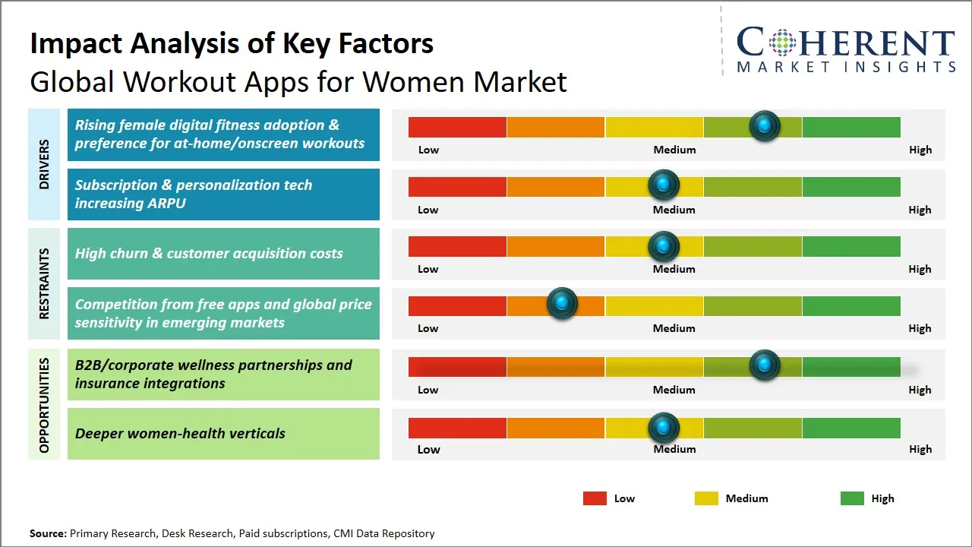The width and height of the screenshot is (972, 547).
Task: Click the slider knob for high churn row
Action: [x=664, y=246]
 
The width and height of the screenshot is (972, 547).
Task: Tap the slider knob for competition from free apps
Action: [x=562, y=304]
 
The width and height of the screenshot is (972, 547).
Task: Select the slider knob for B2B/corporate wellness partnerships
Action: [x=765, y=365]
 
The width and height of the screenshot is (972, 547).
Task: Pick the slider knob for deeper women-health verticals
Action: [x=664, y=428]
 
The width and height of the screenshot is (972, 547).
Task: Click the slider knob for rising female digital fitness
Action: [x=765, y=126]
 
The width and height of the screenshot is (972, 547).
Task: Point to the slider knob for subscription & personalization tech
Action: [x=664, y=185]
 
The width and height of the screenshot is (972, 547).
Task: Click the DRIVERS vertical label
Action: [x=43, y=164]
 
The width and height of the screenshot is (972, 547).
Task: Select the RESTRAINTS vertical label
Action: [x=43, y=283]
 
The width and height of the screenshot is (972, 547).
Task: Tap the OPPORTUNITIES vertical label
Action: [x=43, y=405]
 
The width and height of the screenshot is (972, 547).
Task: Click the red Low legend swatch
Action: [x=595, y=498]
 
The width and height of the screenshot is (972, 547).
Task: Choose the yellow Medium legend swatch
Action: [x=706, y=498]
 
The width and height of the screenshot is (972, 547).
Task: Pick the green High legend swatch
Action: [x=852, y=498]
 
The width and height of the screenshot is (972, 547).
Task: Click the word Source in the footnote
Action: [x=47, y=534]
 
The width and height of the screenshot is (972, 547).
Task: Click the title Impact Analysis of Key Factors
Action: [x=232, y=43]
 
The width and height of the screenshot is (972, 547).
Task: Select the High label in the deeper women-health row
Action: [x=920, y=449]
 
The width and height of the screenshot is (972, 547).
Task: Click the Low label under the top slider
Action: [x=428, y=150]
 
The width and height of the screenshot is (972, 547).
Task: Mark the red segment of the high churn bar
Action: [x=457, y=246]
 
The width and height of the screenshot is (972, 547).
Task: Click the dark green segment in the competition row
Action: [x=850, y=305]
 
